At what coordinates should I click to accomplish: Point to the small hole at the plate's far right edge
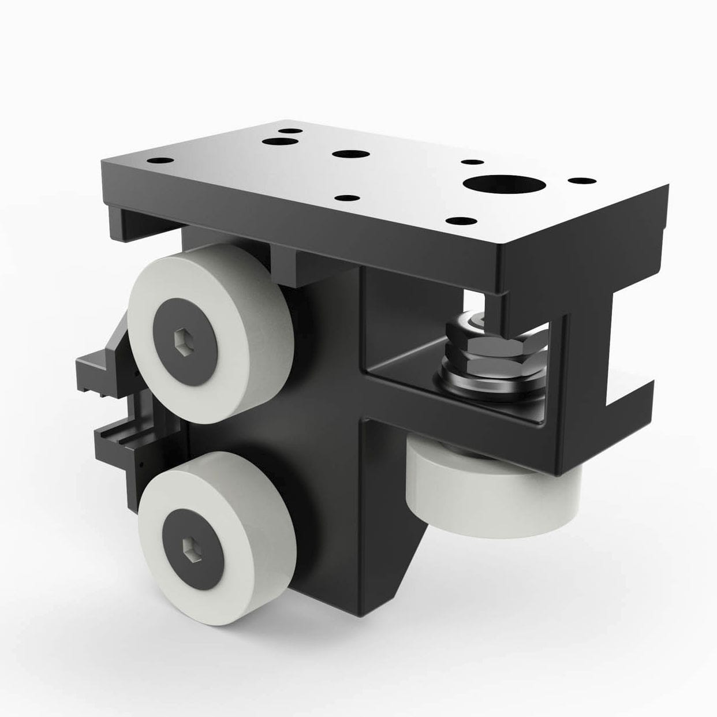coord(581,181)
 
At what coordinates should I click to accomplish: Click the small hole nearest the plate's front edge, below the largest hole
coord(460,221)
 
